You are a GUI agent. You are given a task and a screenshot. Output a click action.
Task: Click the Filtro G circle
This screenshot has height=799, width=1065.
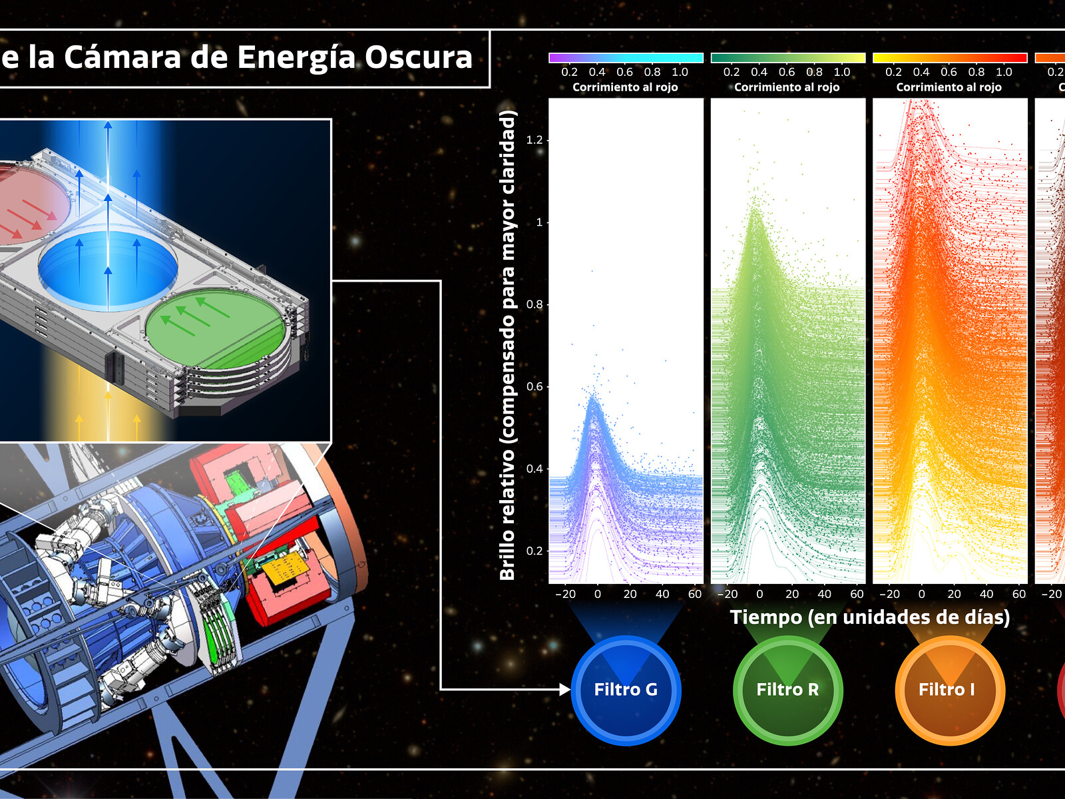point(626,690)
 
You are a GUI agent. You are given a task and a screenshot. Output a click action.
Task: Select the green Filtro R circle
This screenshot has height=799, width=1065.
point(788,690)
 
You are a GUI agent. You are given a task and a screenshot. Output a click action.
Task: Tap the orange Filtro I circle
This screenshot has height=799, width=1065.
point(950,690)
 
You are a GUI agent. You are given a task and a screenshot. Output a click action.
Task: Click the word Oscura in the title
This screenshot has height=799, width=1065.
point(419,57)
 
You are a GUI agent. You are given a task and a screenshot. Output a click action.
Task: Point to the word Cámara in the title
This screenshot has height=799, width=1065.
point(122,57)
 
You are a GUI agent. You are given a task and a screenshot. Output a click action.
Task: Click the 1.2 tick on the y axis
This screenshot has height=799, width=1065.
point(534,140)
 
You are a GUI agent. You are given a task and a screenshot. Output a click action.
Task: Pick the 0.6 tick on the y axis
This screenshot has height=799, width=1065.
point(534,387)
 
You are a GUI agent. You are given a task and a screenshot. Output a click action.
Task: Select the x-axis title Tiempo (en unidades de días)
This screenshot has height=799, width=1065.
point(870,617)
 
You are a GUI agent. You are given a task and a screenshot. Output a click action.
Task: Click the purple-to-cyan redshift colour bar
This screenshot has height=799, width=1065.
point(626,58)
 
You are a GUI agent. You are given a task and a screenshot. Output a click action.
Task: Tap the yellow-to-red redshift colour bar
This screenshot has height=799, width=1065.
point(950,58)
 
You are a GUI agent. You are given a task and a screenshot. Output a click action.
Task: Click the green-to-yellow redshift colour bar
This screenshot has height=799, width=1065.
point(788,58)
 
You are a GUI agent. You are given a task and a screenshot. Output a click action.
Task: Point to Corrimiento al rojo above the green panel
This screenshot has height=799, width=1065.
point(787,87)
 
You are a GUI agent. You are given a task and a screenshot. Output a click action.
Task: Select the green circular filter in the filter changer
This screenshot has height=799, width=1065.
point(216,328)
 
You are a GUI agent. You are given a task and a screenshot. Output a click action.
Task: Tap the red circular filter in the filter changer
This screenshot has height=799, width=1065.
point(33,204)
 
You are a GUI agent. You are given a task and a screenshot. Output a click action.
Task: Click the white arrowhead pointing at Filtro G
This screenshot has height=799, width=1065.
point(565,689)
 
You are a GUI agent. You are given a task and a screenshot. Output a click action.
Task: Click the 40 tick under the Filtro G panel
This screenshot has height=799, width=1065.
point(662,595)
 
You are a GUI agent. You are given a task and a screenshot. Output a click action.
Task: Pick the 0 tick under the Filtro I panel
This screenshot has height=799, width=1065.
point(922,595)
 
